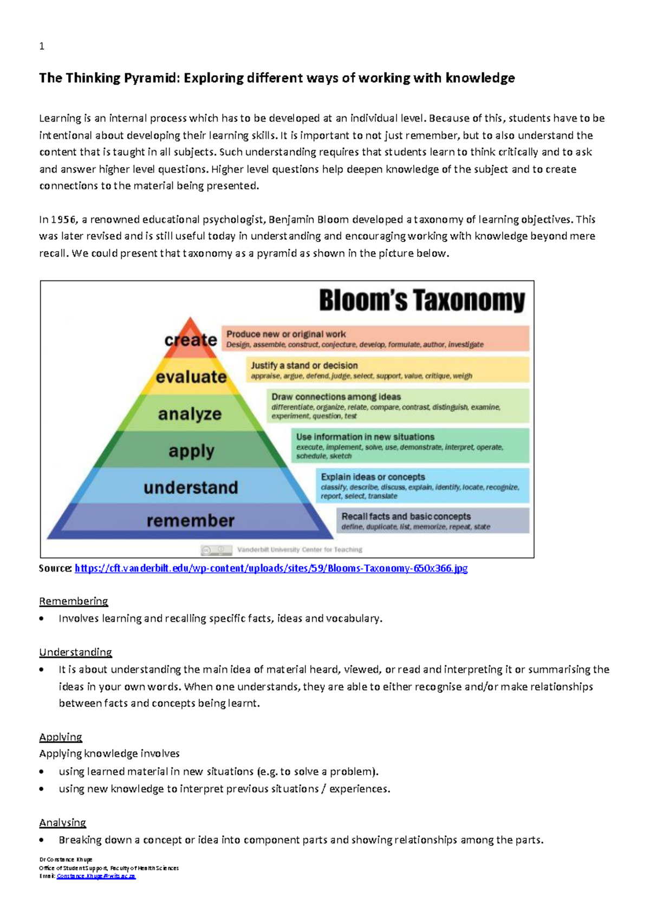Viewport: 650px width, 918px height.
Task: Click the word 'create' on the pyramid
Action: pyautogui.click(x=191, y=340)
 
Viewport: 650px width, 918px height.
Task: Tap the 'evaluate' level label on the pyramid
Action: pyautogui.click(x=191, y=377)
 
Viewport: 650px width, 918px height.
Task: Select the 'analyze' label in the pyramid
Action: pyautogui.click(x=190, y=414)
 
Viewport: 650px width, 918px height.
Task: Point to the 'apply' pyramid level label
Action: pyautogui.click(x=191, y=451)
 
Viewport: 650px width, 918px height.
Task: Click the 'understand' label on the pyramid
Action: pyautogui.click(x=191, y=487)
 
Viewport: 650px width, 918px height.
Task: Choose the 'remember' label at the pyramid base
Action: pyautogui.click(x=191, y=521)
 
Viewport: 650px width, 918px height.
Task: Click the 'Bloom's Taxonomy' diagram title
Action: pyautogui.click(x=422, y=300)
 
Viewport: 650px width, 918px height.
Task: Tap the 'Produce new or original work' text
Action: pyautogui.click(x=286, y=334)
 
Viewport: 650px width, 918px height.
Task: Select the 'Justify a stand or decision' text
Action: pyautogui.click(x=304, y=365)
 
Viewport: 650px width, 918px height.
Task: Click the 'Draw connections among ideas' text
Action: pyautogui.click(x=336, y=397)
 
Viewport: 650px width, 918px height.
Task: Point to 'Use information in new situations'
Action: pyautogui.click(x=365, y=437)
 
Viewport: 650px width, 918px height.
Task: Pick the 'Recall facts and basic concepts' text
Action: pyautogui.click(x=406, y=516)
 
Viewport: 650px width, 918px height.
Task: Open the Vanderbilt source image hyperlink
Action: pyautogui.click(x=271, y=568)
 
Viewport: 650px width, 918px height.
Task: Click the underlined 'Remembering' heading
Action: pyautogui.click(x=74, y=601)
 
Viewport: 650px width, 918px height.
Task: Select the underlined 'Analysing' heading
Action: pyautogui.click(x=63, y=823)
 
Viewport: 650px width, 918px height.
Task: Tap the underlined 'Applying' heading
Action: pyautogui.click(x=61, y=737)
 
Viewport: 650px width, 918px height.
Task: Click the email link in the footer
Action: pyautogui.click(x=96, y=876)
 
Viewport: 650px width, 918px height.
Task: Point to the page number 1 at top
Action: pyautogui.click(x=42, y=47)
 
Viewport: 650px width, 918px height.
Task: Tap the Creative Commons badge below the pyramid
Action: pyautogui.click(x=216, y=550)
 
